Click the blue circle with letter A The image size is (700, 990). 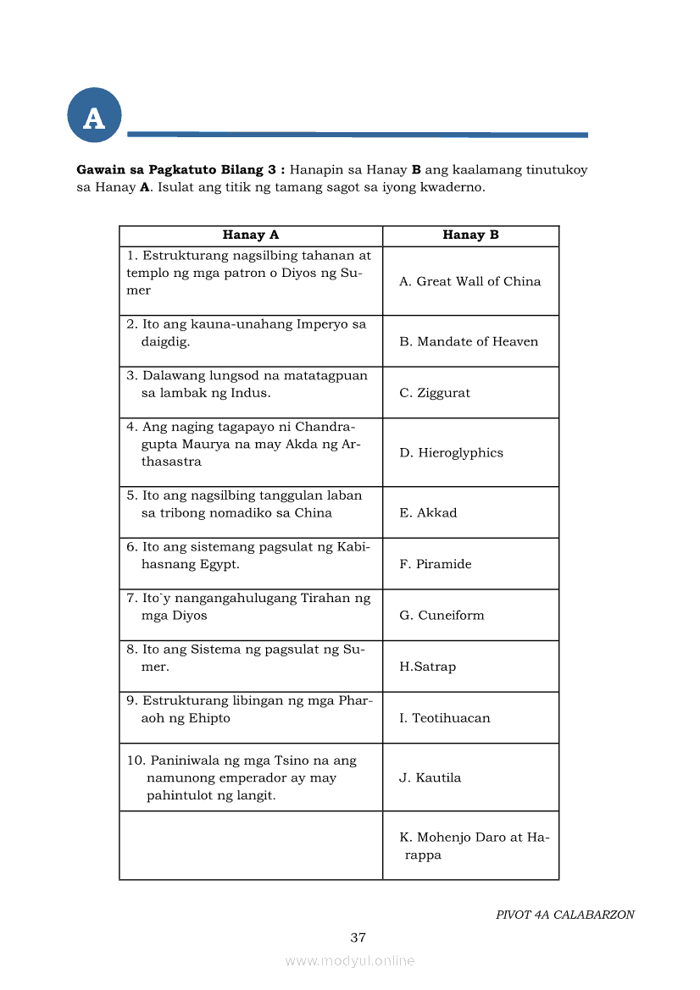[x=94, y=116]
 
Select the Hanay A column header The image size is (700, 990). [x=250, y=235]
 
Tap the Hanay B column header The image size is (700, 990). [x=470, y=235]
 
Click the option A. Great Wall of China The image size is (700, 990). [x=469, y=281]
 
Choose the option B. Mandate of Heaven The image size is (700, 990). [x=469, y=341]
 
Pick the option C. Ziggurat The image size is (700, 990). [x=435, y=393]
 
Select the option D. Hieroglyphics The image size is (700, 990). [x=451, y=453]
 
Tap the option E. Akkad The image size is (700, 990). [x=428, y=513]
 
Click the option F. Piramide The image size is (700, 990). [x=436, y=564]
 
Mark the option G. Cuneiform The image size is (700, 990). [x=442, y=616]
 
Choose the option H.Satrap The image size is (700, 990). [x=427, y=666]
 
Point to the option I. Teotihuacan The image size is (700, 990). [x=445, y=718]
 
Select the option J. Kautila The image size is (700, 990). [x=431, y=777]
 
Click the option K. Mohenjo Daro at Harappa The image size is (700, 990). [x=473, y=846]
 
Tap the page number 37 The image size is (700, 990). [x=358, y=937]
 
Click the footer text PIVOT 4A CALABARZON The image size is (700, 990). [x=564, y=915]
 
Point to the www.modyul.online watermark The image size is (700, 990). [x=349, y=960]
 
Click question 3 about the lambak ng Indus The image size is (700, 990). [x=247, y=384]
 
